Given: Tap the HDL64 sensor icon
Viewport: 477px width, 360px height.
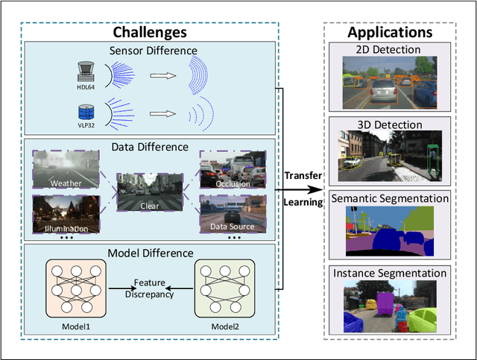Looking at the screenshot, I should click(x=84, y=71).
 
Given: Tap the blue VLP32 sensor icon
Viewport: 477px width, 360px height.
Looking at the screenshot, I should click(x=85, y=113).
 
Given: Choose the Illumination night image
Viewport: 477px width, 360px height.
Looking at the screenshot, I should click(x=66, y=213).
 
